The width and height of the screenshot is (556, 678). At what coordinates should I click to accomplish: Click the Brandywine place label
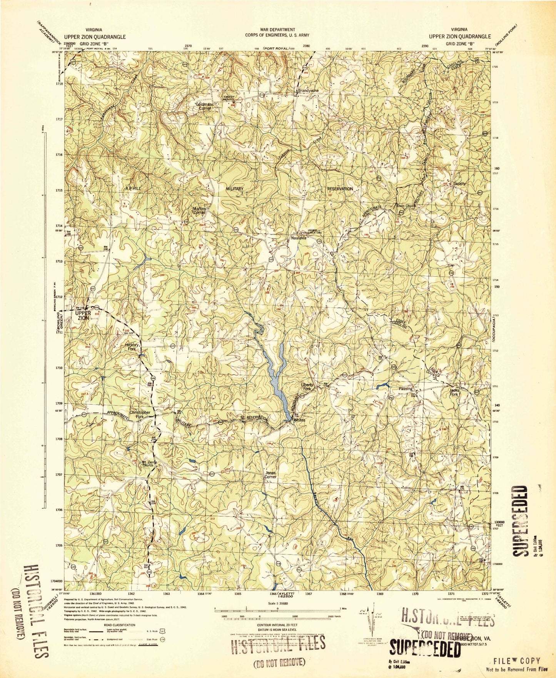pos(308,91)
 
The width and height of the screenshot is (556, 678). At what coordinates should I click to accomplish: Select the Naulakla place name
pos(298,238)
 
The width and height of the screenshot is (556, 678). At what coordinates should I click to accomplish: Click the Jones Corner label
pos(270,475)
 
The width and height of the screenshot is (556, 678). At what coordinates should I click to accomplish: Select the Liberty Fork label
pos(307,387)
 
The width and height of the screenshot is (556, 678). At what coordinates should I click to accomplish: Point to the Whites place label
pos(299,420)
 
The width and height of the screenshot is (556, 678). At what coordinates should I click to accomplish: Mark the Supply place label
pos(459,184)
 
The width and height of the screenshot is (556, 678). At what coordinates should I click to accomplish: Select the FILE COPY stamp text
pos(517,661)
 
